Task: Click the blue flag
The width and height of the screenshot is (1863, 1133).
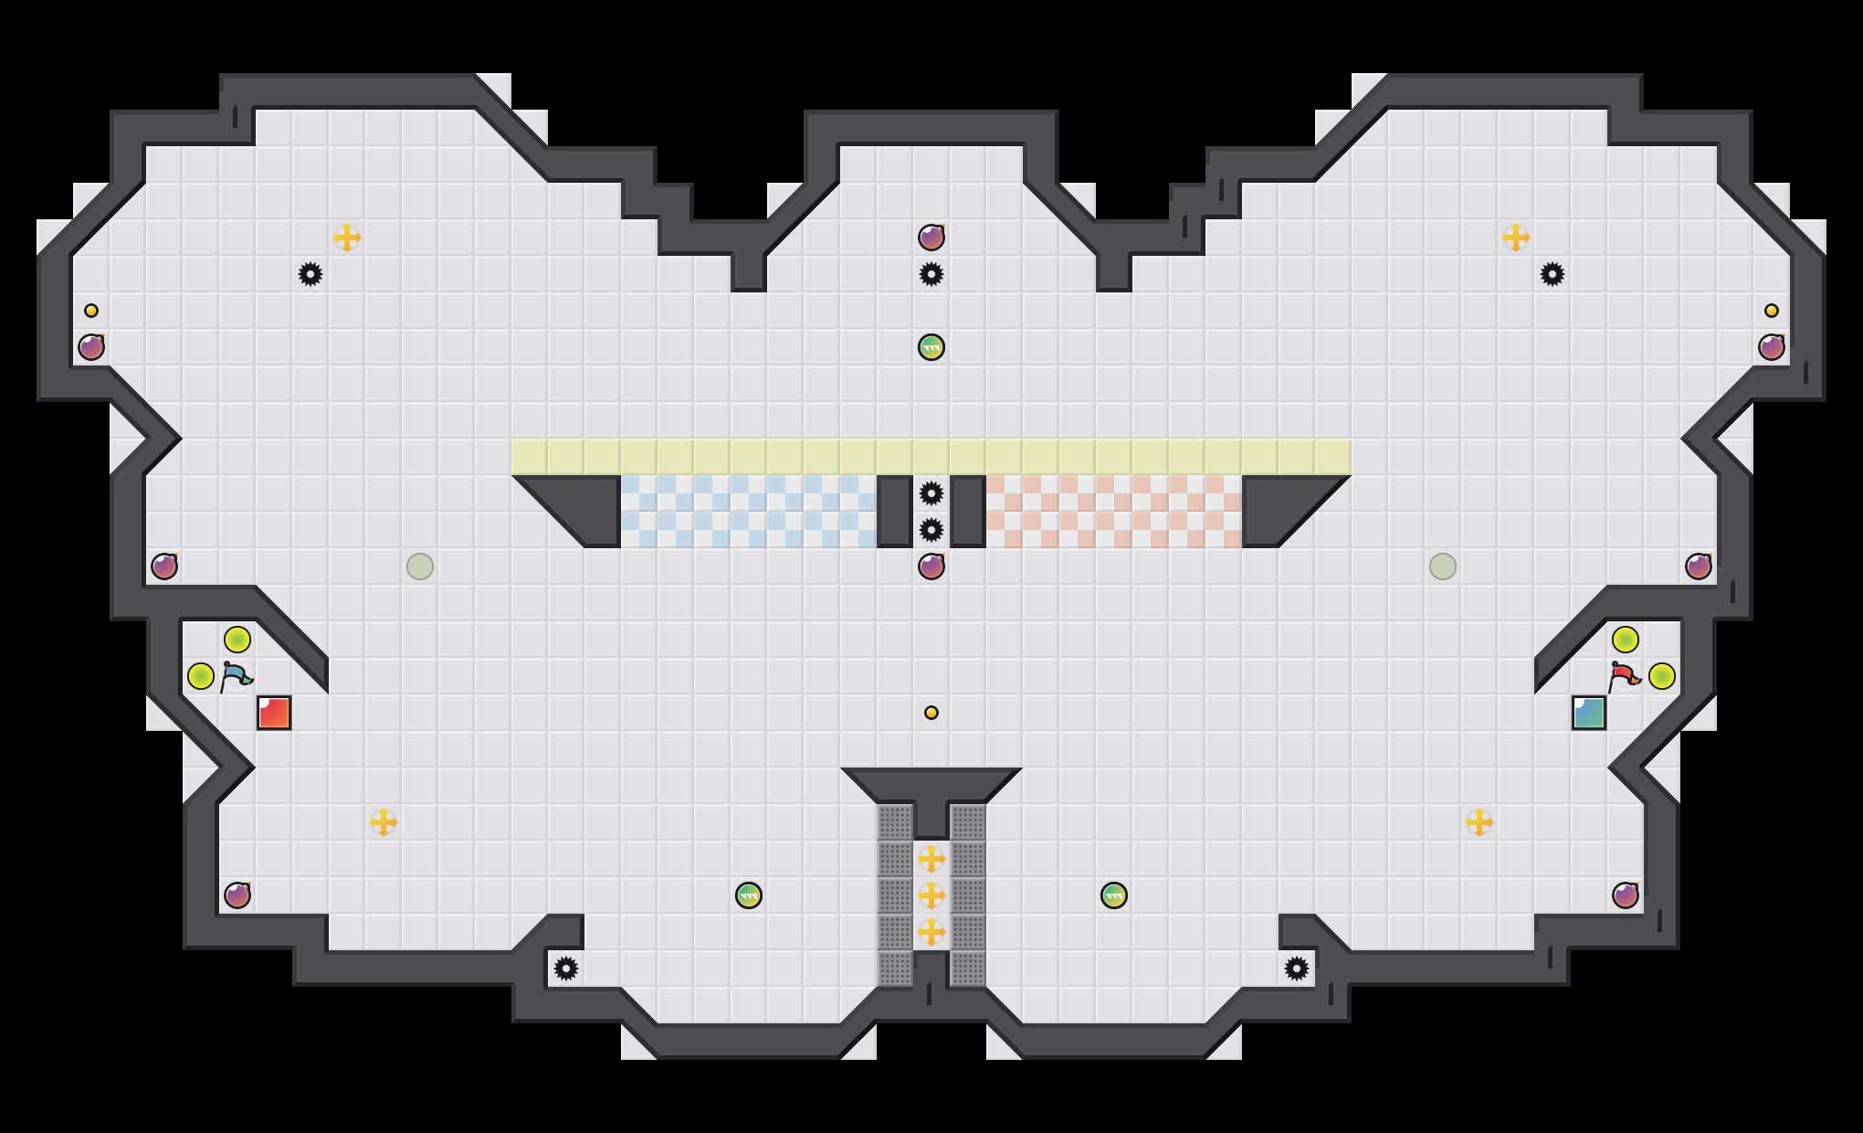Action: [x=237, y=676]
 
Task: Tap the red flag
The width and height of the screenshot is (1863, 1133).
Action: [x=1625, y=676]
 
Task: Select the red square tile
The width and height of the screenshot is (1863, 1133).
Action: [x=274, y=713]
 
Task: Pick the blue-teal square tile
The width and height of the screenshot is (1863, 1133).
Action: [x=1589, y=713]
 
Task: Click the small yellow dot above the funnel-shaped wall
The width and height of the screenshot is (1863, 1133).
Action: [x=931, y=713]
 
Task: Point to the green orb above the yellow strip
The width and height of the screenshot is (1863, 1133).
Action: [x=931, y=347]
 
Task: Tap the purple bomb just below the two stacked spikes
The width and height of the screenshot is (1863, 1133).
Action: [x=931, y=566]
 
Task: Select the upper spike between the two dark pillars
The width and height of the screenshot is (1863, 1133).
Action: [x=931, y=493]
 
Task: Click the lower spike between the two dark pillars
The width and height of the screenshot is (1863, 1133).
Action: [x=931, y=530]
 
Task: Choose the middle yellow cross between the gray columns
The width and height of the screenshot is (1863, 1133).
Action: [x=931, y=895]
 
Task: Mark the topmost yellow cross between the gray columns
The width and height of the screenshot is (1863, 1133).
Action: [x=931, y=859]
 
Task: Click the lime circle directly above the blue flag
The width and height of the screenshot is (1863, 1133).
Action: [x=237, y=640]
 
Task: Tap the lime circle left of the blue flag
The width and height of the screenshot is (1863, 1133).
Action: [x=201, y=676]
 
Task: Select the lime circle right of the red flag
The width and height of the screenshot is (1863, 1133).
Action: [x=1662, y=676]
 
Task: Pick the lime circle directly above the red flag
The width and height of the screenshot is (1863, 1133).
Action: [x=1626, y=640]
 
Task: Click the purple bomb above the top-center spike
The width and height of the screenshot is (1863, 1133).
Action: [x=931, y=238]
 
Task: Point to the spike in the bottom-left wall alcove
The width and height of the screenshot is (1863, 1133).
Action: [x=566, y=969]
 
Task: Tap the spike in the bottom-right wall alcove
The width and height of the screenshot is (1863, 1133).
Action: [x=1297, y=969]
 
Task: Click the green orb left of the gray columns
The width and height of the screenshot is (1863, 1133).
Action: [x=749, y=895]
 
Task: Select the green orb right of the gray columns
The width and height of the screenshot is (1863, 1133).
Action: [x=1114, y=895]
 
